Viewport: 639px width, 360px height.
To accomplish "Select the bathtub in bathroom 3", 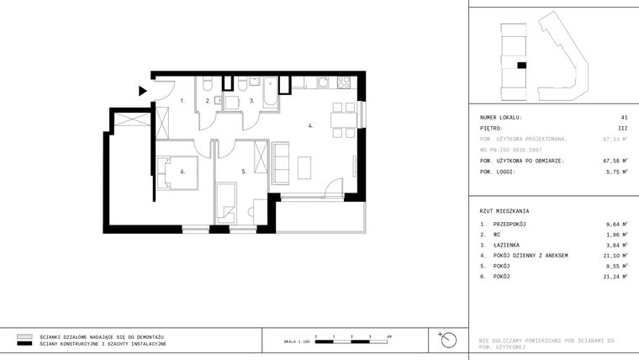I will click(x=270, y=93).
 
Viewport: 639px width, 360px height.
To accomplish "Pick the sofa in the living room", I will click(x=281, y=163).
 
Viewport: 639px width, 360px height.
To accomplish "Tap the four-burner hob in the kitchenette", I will click(x=342, y=82).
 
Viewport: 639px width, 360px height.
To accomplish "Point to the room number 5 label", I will click(x=244, y=172).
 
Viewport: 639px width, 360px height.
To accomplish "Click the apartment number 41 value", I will click(x=624, y=117).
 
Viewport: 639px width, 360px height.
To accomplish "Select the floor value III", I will click(x=623, y=128).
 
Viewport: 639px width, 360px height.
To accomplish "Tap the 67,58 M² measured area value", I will click(x=615, y=161).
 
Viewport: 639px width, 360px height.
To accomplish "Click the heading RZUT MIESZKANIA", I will click(x=504, y=211).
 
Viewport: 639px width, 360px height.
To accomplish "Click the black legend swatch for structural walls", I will click(x=24, y=344).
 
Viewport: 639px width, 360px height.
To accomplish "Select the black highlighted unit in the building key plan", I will click(x=521, y=65).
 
